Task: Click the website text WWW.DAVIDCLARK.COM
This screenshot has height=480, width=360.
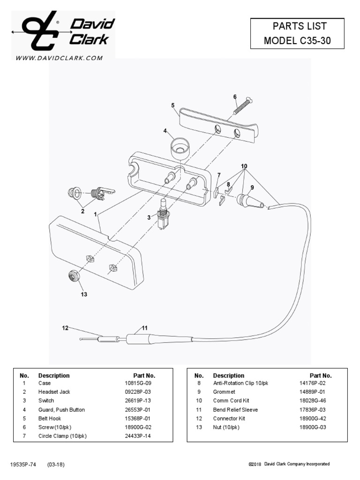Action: click(x=59, y=58)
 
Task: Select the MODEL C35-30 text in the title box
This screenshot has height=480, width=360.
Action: click(x=297, y=40)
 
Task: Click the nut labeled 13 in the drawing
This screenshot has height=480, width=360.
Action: click(x=74, y=276)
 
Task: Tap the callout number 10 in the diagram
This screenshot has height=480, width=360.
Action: click(x=244, y=166)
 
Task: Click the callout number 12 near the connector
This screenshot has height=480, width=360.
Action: click(x=65, y=328)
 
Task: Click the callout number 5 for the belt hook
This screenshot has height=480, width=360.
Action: click(x=173, y=105)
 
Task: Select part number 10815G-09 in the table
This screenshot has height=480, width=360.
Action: click(x=135, y=383)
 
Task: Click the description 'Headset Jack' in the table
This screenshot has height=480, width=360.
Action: click(x=54, y=392)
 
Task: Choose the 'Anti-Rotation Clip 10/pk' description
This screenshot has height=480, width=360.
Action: click(x=240, y=383)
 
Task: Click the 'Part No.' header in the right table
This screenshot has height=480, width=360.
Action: click(x=321, y=375)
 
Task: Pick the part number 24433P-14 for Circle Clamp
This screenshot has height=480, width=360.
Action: click(x=135, y=436)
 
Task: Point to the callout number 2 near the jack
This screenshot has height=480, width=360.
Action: click(x=82, y=211)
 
